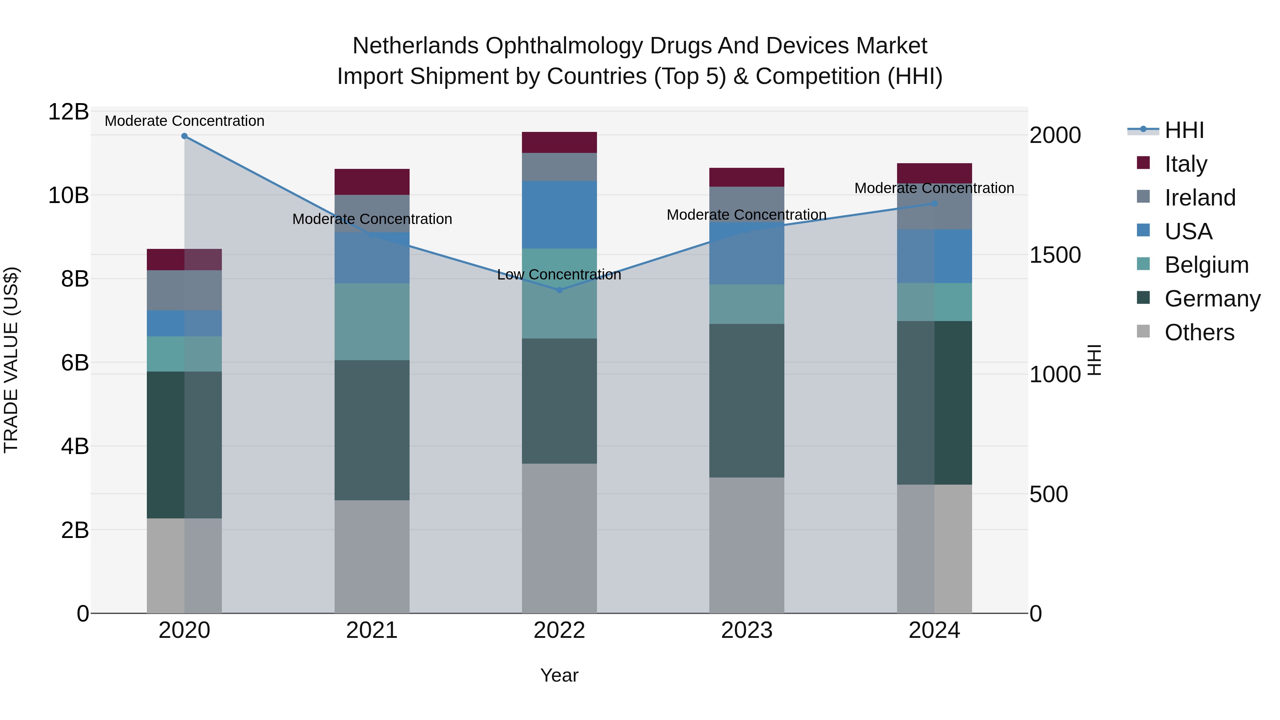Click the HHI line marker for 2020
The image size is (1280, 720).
[184, 136]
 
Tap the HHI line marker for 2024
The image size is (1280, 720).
[934, 204]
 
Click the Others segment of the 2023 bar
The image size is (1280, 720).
[746, 545]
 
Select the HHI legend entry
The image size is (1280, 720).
[1184, 130]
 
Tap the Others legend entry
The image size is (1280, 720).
[1199, 332]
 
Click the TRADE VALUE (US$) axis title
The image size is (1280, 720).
[11, 360]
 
